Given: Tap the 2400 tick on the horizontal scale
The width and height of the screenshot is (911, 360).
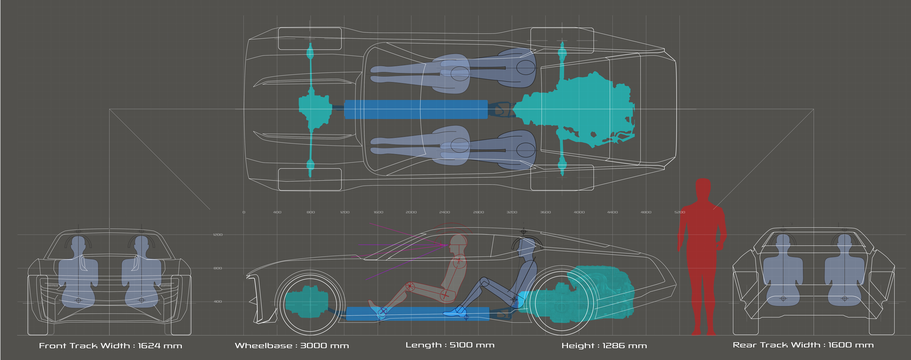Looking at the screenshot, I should tap(444, 212).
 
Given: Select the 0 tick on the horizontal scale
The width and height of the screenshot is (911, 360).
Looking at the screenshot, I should tap(244, 212).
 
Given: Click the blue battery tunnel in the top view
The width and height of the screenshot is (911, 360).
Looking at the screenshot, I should tap(416, 109).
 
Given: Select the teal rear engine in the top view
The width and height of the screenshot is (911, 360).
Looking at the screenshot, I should tap(583, 106).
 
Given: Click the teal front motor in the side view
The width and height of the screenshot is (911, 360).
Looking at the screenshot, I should tap(307, 302).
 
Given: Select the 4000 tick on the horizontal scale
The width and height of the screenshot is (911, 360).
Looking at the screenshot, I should tap(579, 212).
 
